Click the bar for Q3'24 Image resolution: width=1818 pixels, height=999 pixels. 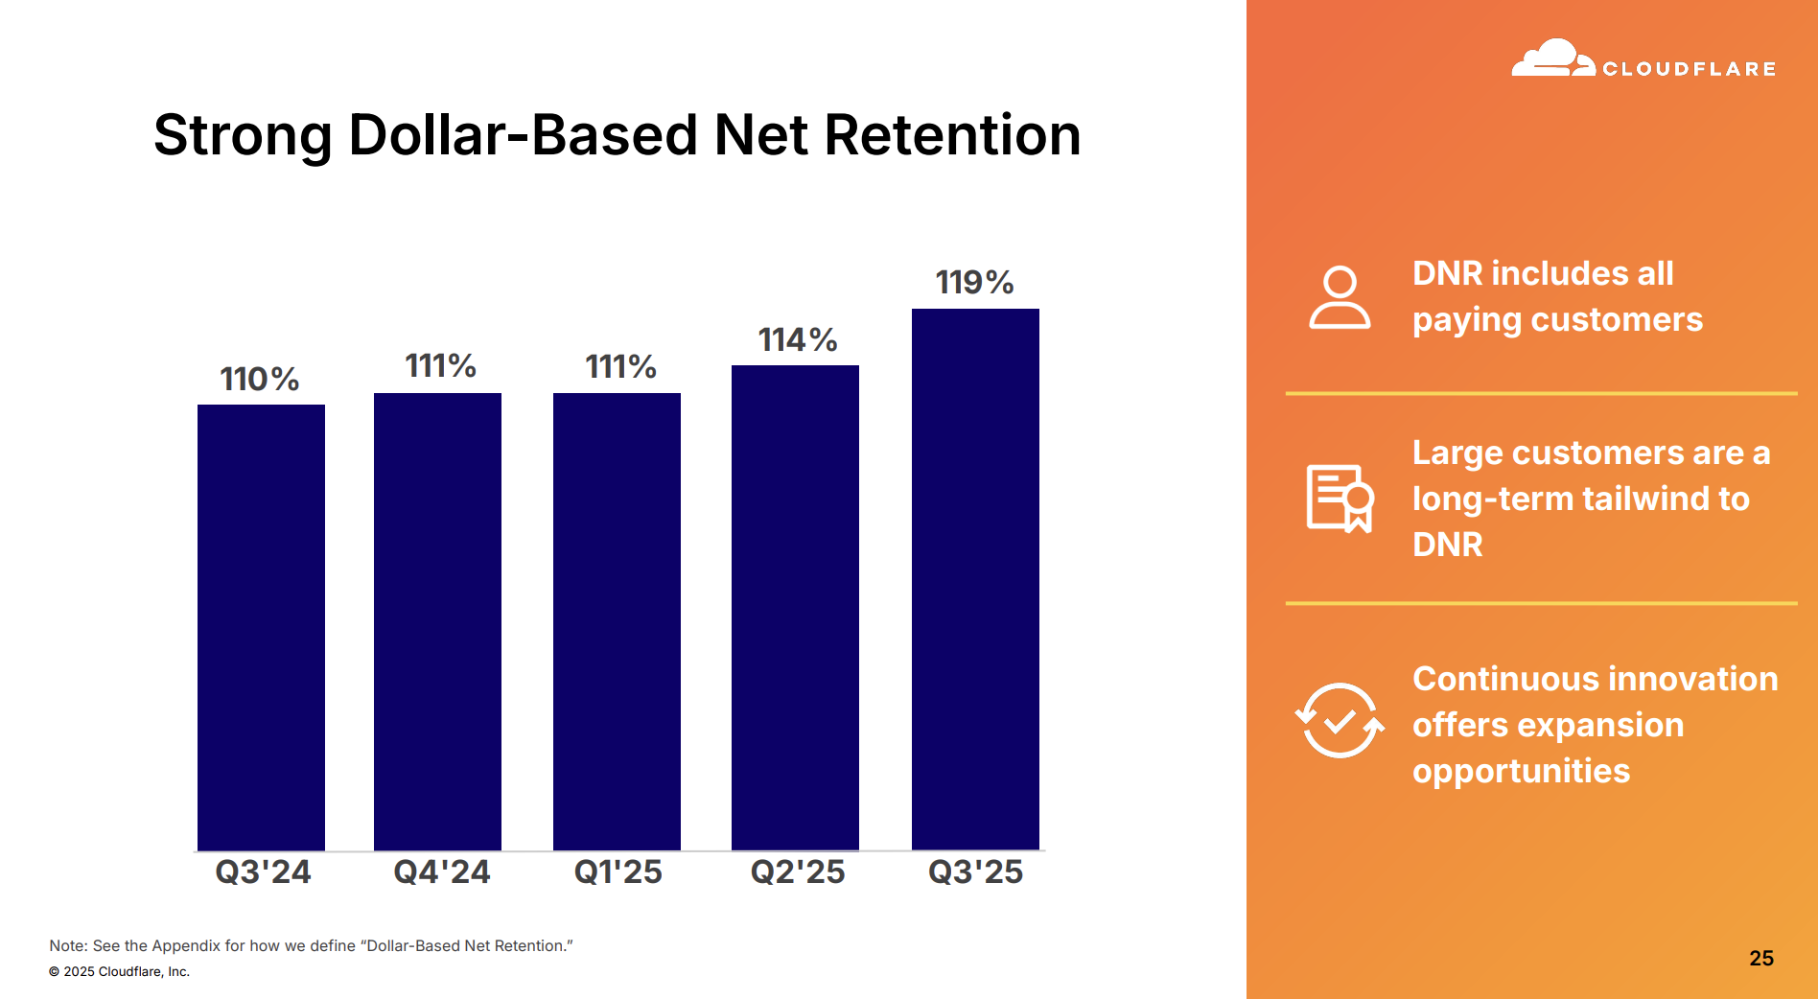[261, 627]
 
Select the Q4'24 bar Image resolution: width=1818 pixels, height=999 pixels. [437, 621]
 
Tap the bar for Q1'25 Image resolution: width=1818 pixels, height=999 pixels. [617, 621]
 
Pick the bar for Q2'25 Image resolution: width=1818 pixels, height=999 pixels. [795, 607]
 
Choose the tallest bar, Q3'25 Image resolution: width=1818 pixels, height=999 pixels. [975, 579]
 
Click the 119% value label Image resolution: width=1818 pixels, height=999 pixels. [974, 282]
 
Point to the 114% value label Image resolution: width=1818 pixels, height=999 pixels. [797, 339]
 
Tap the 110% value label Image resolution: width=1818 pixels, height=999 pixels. [259, 379]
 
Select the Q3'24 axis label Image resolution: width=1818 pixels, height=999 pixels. [263, 871]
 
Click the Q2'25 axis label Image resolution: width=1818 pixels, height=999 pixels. [797, 871]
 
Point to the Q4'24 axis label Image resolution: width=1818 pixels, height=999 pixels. [441, 871]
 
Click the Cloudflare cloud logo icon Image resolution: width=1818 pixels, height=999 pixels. [1552, 59]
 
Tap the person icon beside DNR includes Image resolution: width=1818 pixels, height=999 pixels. [1340, 298]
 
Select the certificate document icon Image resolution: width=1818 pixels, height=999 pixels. [1340, 498]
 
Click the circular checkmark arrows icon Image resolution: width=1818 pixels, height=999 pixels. [1340, 720]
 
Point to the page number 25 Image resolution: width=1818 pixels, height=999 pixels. [1760, 958]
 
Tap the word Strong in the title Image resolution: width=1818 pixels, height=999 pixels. [243, 136]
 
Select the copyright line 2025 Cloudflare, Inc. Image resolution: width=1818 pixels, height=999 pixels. [120, 971]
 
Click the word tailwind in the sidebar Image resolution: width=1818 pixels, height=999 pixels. [1645, 499]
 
